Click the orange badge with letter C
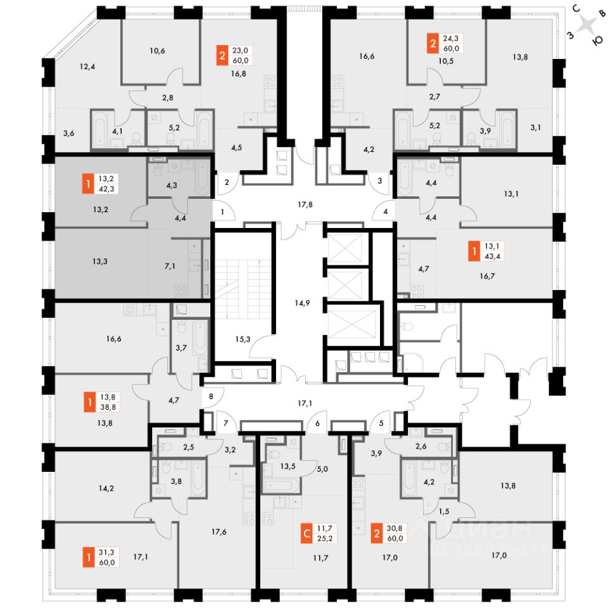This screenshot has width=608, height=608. click(307, 534)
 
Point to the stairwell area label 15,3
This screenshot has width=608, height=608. click(243, 339)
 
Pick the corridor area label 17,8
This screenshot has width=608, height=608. click(305, 204)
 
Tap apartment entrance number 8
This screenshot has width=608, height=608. click(211, 398)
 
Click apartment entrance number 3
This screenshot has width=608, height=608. click(379, 181)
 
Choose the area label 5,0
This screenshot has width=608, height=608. click(322, 469)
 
